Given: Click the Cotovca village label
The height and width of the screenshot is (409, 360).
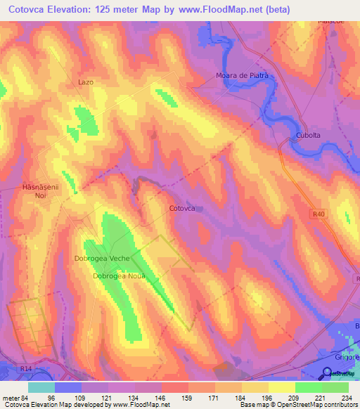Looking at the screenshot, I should [x=181, y=209].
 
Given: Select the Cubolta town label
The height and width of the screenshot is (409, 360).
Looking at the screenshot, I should [x=308, y=136].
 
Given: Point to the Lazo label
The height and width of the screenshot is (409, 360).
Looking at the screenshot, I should [x=85, y=82].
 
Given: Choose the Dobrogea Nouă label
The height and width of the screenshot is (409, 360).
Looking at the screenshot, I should [x=118, y=276].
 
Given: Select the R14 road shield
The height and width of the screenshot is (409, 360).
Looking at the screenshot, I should [x=27, y=368].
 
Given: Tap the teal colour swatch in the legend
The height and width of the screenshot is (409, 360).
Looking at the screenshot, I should [x=41, y=387].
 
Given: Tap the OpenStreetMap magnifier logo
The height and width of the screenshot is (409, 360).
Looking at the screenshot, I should [x=328, y=373].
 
